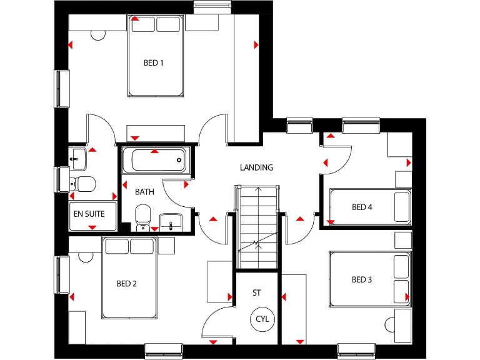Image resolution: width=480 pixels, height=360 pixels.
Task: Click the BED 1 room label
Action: click(154, 62)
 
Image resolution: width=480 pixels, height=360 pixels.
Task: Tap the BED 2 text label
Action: click(126, 284)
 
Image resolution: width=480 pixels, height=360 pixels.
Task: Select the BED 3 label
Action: click(361, 280)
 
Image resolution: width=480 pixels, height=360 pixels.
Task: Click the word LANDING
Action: click(257, 167)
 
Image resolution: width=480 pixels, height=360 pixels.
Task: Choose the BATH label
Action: click(144, 192)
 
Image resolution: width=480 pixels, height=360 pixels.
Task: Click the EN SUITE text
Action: click(92, 214)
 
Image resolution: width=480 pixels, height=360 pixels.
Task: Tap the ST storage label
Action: click(257, 292)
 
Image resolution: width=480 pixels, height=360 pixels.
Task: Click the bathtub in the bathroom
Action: click(155, 160)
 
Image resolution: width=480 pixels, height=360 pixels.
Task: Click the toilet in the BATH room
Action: click(143, 214)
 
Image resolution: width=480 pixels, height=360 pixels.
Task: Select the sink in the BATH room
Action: click(170, 220)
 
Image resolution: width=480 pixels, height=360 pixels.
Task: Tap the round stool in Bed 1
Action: click(99, 34)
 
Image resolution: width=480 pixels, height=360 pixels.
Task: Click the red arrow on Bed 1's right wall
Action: click(256, 45)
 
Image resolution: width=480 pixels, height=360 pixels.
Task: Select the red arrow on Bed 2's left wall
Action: click(72, 296)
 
